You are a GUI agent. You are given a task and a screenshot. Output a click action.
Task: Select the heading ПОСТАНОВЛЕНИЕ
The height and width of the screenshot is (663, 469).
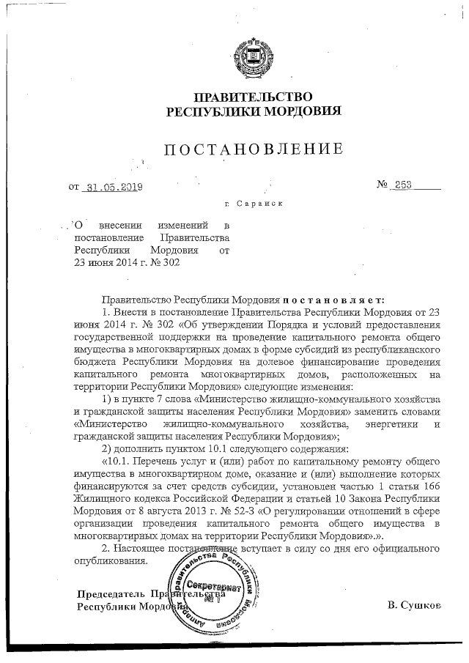tap(252, 150)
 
